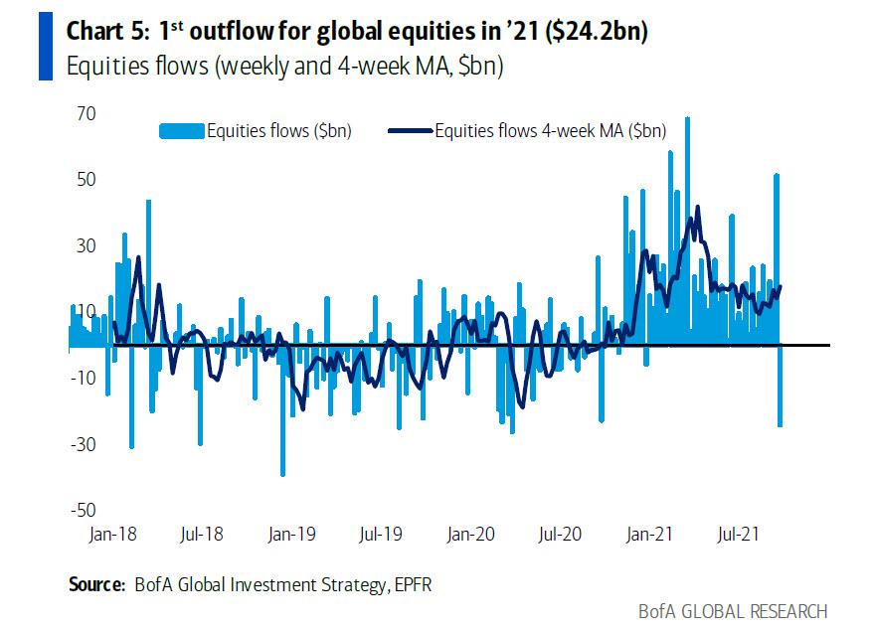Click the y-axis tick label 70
coord(83,114)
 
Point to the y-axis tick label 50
coord(83,180)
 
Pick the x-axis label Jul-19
coord(380,535)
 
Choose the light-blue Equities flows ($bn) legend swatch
coord(181,130)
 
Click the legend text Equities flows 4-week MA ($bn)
coord(550,130)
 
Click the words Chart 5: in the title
coord(106,31)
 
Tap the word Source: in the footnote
coord(96,584)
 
